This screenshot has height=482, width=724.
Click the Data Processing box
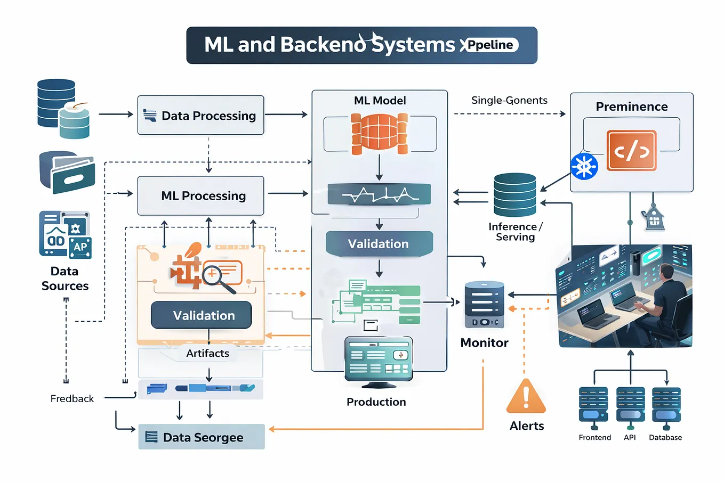(200, 116)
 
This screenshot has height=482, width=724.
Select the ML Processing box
(200, 196)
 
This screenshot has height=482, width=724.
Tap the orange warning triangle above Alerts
(526, 397)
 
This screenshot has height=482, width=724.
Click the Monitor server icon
(484, 304)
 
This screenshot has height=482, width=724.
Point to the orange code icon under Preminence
(631, 151)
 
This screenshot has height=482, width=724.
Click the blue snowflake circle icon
(584, 167)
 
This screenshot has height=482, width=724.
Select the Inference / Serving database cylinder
(514, 195)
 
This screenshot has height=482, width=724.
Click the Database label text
(665, 437)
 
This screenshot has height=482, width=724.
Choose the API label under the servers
(630, 437)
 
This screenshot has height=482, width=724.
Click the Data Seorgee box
(202, 437)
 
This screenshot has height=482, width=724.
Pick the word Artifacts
(207, 353)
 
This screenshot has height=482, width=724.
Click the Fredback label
(72, 398)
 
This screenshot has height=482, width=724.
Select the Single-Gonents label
(509, 100)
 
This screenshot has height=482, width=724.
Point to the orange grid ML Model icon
(380, 133)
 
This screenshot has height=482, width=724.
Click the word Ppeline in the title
(490, 45)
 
